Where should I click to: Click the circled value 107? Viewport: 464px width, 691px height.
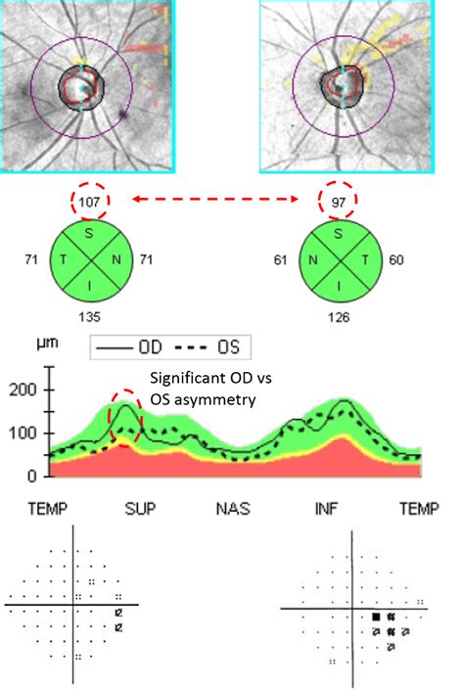point(91,201)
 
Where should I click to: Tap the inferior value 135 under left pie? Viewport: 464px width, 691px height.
point(91,316)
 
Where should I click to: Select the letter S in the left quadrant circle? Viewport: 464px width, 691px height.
point(91,233)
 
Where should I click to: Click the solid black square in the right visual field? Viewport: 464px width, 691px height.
point(376,617)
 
